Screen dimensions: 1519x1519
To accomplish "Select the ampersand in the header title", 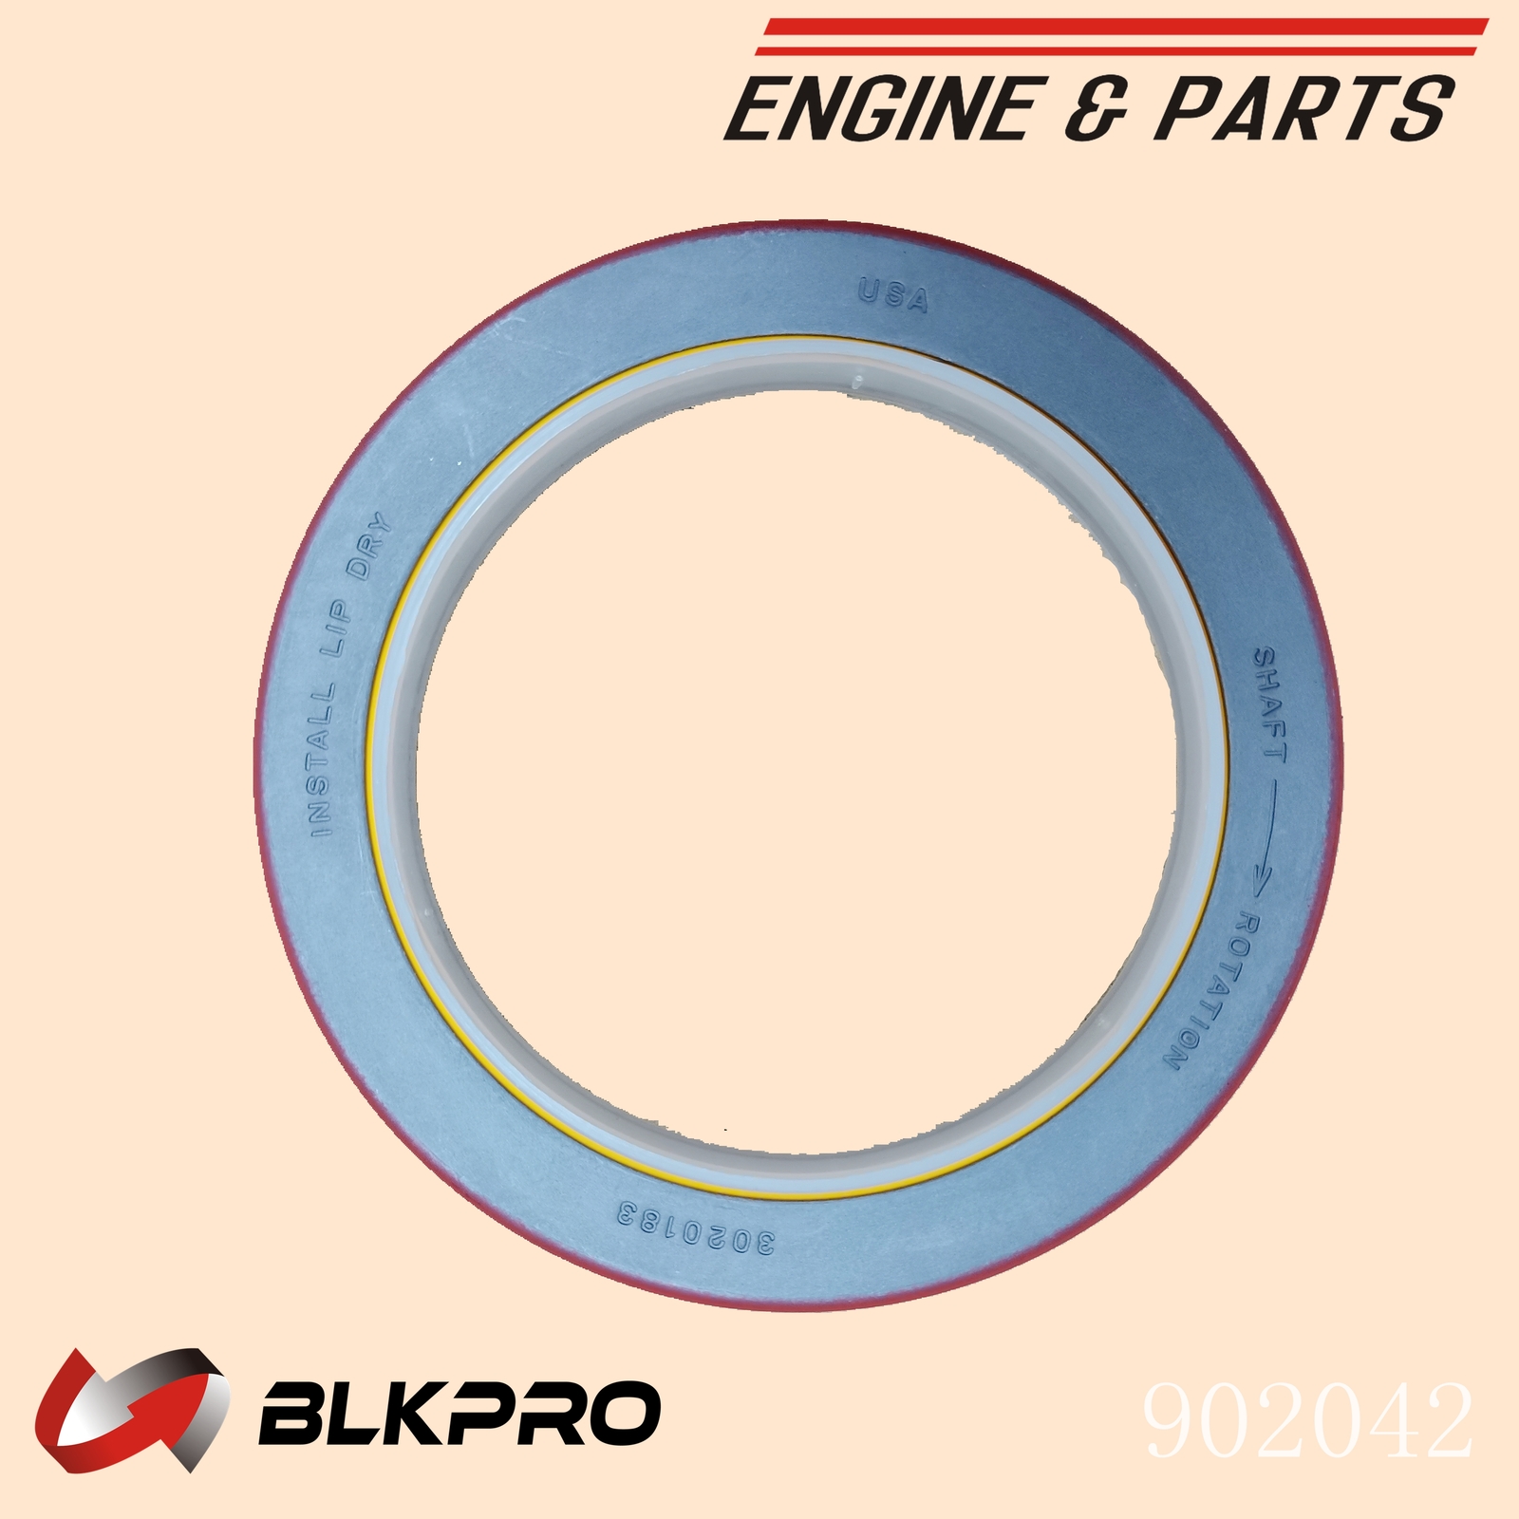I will (x=1099, y=109).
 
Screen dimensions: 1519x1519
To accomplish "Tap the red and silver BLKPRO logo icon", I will (x=133, y=1409).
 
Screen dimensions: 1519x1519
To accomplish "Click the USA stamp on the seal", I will (x=893, y=295).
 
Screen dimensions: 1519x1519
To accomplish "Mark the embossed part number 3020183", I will (x=697, y=1227).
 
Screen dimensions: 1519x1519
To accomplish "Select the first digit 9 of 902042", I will (x=1172, y=1421).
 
